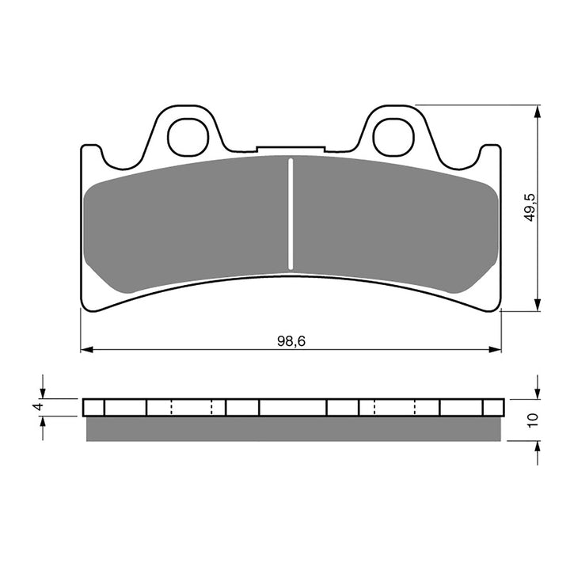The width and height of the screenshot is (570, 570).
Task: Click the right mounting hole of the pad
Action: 393,137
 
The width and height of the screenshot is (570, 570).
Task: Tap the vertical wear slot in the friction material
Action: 291,214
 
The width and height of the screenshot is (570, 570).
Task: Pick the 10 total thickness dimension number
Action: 531,420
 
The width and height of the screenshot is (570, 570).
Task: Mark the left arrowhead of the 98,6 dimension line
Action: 86,348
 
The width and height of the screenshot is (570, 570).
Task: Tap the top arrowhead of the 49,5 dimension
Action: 538,112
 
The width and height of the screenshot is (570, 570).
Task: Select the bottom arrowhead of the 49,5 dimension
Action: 538,305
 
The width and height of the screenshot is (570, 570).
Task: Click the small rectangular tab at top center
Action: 291,149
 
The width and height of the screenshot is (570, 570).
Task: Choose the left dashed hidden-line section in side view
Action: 192,407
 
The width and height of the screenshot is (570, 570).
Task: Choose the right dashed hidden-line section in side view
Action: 394,407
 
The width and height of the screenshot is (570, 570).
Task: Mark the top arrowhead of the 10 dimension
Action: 538,392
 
